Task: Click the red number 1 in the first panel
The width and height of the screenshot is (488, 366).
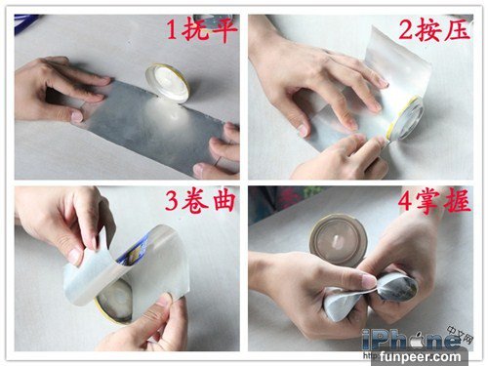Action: [x=172, y=30]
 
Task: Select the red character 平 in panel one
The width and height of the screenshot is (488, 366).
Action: [x=224, y=30]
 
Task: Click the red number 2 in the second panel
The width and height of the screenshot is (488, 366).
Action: [x=407, y=30]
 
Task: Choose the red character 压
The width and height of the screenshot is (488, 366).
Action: [x=458, y=30]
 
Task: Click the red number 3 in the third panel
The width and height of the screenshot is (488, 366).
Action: [x=172, y=201]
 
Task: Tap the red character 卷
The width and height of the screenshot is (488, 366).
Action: [x=195, y=201]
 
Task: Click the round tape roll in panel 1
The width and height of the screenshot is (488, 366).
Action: [x=168, y=83]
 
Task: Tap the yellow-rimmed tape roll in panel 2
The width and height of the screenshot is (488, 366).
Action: [x=407, y=118]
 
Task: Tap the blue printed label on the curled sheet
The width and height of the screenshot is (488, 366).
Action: [x=134, y=251]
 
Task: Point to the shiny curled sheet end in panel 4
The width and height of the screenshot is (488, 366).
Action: [x=397, y=288]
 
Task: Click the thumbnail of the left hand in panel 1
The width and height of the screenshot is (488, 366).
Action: [x=77, y=117]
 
